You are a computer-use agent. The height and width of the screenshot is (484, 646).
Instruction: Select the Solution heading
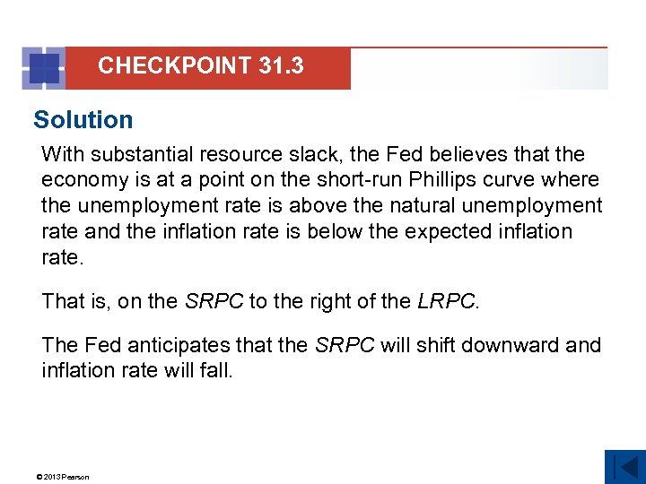[x=83, y=119]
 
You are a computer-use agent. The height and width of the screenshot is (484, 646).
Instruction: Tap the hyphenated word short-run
[x=327, y=180]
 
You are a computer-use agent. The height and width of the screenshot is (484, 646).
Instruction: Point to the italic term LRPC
[x=447, y=301]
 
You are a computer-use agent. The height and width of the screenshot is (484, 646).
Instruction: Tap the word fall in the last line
[x=214, y=370]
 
